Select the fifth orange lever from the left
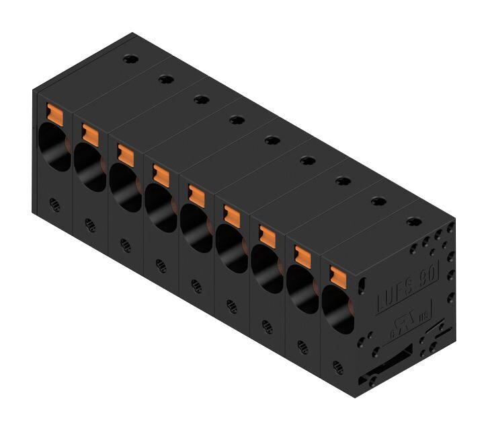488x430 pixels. [x=196, y=194]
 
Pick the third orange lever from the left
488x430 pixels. [x=124, y=153]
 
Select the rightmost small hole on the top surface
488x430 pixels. [x=414, y=221]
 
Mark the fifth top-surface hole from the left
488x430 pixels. [x=272, y=139]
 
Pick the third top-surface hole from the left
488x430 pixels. [x=200, y=100]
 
